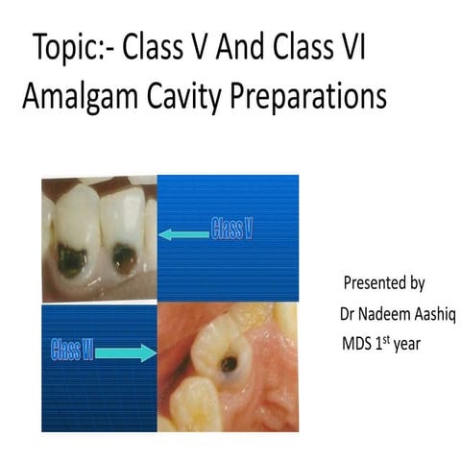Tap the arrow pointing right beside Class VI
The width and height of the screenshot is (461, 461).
tap(124, 353)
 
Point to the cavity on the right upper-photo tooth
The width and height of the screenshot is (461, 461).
tap(123, 258)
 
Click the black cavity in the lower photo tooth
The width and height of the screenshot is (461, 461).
tap(229, 364)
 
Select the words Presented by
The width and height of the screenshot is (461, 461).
tap(383, 284)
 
